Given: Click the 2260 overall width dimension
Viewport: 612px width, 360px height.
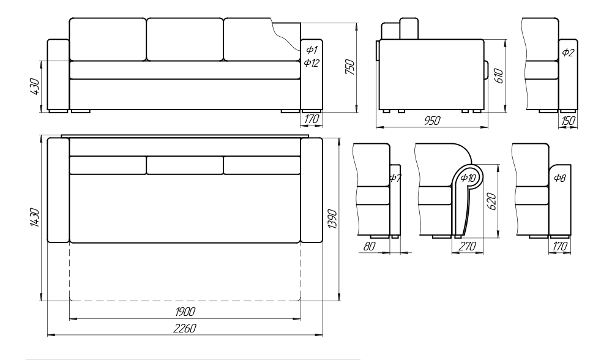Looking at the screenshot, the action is click(185, 328).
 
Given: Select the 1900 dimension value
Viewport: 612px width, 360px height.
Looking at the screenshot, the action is click(185, 312).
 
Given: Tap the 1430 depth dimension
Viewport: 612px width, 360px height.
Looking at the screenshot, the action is click(34, 217).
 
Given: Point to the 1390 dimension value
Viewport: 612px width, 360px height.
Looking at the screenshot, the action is click(332, 219).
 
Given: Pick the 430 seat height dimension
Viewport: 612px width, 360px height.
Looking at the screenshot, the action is click(34, 87).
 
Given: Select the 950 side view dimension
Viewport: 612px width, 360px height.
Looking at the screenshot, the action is click(432, 121).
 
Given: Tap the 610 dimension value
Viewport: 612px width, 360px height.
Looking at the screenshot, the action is click(498, 75).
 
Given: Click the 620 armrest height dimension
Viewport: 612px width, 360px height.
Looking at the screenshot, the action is click(492, 201).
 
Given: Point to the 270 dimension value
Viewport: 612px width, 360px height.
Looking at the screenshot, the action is click(467, 246).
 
